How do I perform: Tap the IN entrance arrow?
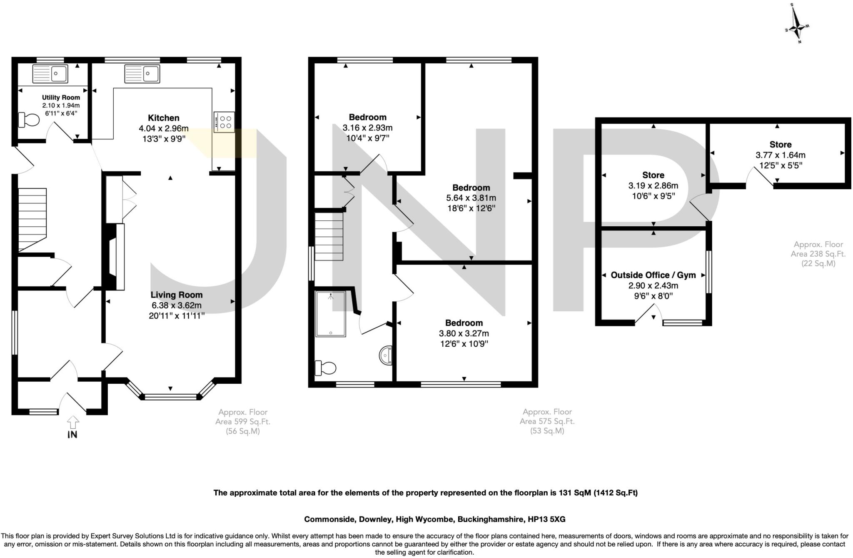[72, 423]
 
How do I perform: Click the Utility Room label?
[61, 98]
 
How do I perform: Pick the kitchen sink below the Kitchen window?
[142, 74]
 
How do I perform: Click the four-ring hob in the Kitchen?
[224, 122]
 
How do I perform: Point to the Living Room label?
[177, 295]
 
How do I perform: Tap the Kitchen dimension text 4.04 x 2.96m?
[164, 128]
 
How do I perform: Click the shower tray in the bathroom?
[331, 314]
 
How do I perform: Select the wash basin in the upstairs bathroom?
[386, 355]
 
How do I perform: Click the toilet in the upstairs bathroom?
[326, 368]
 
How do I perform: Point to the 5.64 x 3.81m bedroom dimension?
[471, 198]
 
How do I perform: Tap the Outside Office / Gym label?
[653, 275]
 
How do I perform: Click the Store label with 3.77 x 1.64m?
[780, 145]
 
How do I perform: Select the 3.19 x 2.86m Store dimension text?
[653, 185]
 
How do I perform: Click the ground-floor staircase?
[32, 220]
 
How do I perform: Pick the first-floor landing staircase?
[329, 236]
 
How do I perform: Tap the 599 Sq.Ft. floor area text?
[243, 421]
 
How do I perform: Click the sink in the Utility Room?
[50, 74]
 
